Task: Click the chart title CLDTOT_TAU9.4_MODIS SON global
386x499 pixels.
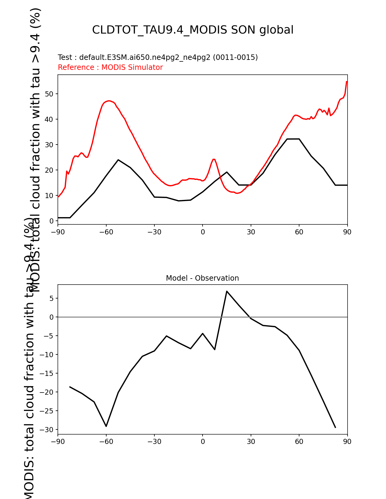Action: (x=193, y=30)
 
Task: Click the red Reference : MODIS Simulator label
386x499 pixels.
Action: (x=110, y=67)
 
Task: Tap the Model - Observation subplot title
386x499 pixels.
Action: (x=202, y=278)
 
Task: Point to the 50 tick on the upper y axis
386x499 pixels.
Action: (x=49, y=94)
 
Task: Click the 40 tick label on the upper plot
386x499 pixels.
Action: (x=49, y=119)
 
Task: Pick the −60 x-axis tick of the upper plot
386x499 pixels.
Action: (x=106, y=232)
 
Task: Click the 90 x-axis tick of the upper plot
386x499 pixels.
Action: (x=347, y=232)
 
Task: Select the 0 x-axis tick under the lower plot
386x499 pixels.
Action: (x=203, y=442)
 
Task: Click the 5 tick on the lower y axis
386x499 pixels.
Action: (x=51, y=298)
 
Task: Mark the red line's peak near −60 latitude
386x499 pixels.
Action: (x=109, y=101)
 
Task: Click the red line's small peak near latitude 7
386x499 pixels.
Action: (x=214, y=159)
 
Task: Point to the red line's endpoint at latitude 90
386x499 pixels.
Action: (x=347, y=81)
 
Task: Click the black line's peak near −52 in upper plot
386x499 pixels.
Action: (x=118, y=160)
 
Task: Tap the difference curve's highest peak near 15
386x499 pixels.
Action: (x=226, y=291)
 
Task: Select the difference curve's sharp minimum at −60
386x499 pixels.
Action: (x=106, y=426)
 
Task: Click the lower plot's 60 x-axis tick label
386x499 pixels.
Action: (x=299, y=442)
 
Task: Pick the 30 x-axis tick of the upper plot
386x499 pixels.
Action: (x=251, y=232)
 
